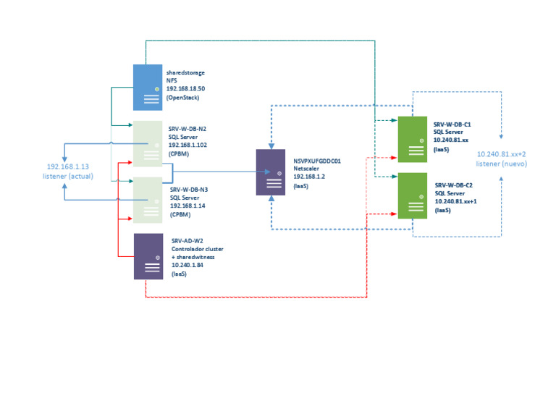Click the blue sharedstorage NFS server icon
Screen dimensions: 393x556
click(148, 87)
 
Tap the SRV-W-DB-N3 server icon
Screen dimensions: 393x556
click(148, 200)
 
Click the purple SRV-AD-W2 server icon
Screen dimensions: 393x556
click(148, 256)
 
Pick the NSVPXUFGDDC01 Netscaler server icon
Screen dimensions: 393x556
click(271, 172)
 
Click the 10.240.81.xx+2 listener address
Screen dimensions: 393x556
click(502, 154)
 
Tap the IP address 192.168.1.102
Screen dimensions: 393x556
click(188, 145)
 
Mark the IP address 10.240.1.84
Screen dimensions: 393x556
click(188, 266)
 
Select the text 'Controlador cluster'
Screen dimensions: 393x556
click(197, 249)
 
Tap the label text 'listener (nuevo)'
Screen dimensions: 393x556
click(502, 163)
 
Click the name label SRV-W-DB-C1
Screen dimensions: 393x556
click(452, 124)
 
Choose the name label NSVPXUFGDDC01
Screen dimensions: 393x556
click(316, 160)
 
